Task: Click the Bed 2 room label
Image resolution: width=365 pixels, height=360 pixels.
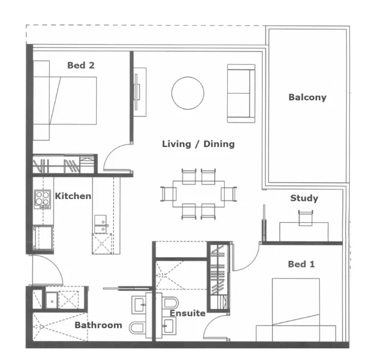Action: [80, 65]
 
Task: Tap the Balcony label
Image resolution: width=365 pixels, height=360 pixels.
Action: [307, 97]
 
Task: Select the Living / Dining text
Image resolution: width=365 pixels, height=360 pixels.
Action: [198, 144]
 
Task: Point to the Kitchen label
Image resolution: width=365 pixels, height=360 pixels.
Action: [73, 196]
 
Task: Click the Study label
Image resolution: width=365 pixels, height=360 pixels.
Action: [304, 198]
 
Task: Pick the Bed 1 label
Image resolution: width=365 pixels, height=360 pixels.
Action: [301, 264]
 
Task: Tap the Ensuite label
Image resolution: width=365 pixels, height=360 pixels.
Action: [187, 313]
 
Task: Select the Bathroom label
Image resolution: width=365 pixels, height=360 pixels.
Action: [98, 324]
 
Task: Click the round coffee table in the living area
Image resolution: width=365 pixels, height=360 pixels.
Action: [187, 93]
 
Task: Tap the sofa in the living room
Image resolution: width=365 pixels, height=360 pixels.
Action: [241, 93]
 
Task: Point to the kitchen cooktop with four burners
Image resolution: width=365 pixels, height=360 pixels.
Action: [42, 198]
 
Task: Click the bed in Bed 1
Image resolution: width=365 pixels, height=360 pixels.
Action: [295, 309]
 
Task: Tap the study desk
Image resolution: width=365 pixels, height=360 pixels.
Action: [303, 230]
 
